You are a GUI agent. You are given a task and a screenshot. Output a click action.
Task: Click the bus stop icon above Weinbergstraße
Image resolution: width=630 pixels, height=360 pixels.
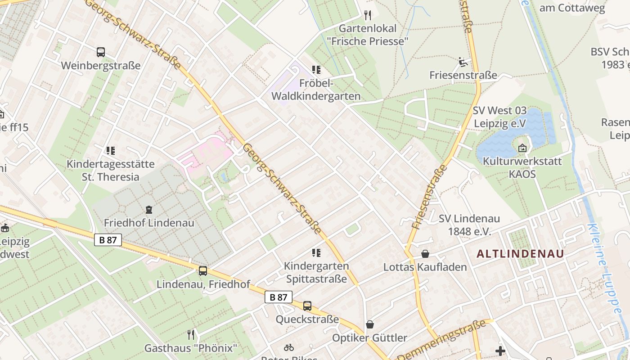(101, 52)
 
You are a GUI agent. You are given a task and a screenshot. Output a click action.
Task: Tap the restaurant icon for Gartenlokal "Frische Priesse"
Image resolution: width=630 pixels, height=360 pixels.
(368, 15)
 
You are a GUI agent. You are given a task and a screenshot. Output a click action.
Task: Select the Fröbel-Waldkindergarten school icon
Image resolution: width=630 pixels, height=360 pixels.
(316, 70)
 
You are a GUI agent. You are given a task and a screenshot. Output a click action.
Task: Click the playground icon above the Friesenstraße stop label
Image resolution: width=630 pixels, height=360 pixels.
(463, 62)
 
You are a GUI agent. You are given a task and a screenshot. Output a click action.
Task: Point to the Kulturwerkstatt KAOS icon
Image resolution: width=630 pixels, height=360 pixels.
(522, 148)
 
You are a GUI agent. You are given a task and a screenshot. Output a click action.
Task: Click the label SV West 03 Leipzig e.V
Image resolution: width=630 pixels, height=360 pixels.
(499, 117)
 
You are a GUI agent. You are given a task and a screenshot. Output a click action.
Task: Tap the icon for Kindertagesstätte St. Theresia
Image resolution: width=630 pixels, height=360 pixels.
(110, 151)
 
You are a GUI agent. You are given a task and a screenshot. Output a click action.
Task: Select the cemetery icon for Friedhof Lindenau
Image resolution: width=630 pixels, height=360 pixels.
(149, 209)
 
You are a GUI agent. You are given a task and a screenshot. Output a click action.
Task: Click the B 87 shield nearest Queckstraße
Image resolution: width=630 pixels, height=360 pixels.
(278, 297)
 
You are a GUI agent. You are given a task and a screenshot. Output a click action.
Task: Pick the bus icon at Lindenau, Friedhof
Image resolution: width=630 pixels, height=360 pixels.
(203, 270)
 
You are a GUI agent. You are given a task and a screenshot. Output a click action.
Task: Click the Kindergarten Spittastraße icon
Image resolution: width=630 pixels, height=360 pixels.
(316, 252)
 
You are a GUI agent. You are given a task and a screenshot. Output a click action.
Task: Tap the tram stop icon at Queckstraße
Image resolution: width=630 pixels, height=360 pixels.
(307, 306)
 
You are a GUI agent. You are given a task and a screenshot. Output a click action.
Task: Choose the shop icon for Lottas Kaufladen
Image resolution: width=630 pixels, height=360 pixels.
(425, 254)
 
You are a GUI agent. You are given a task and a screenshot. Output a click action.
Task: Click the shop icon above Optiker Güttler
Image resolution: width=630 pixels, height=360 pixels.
(369, 324)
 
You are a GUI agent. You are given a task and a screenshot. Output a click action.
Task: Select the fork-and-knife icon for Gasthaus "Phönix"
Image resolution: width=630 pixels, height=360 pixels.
(191, 334)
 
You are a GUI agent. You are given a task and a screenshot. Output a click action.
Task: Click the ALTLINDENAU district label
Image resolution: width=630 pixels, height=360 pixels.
(520, 254)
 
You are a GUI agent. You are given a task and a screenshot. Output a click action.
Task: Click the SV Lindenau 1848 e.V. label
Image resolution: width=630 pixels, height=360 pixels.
(469, 225)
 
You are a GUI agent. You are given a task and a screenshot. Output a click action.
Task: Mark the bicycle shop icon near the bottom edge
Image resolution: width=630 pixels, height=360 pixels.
(289, 347)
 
